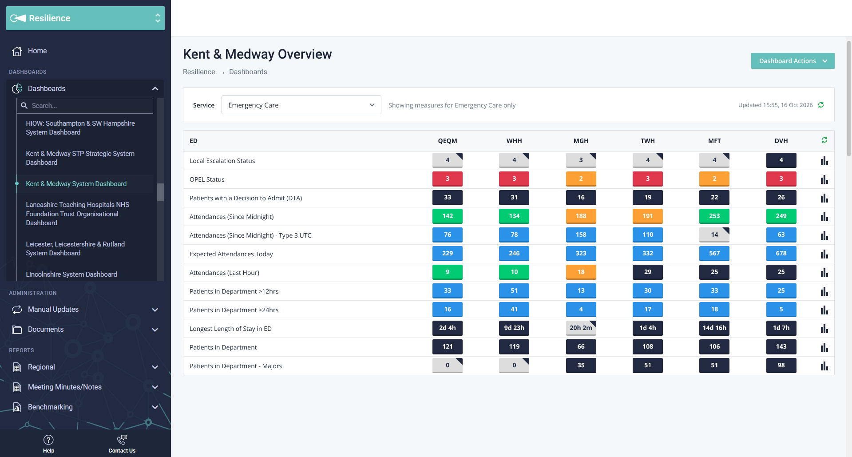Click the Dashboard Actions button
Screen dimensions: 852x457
coord(793,61)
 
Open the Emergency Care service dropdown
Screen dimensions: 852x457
coord(301,105)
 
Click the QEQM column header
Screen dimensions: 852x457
coord(448,141)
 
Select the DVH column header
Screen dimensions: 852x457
coord(781,141)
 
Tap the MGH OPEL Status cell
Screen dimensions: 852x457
coord(581,179)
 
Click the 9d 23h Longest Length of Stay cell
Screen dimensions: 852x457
coord(514,328)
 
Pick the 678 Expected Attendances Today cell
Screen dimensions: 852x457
coord(781,254)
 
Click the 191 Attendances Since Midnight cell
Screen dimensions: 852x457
coord(648,216)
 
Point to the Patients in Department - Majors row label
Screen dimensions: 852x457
coord(236,366)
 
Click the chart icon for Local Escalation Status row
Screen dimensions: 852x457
coord(824,161)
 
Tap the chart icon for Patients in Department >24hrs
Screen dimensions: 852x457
coord(824,310)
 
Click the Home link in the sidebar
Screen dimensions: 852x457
coord(37,51)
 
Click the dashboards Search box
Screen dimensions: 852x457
coord(85,106)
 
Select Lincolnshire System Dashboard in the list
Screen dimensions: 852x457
coord(71,274)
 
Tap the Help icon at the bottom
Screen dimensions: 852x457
coord(48,440)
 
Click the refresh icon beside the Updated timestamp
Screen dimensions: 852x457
coord(821,105)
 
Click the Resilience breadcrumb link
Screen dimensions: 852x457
coord(199,72)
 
